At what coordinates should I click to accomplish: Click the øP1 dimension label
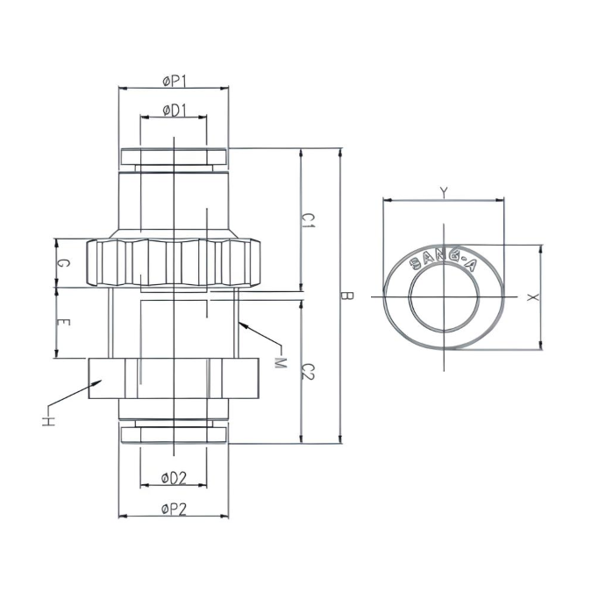175,81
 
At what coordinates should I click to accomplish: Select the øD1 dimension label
173,111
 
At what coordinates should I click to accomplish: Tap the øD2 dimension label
174,478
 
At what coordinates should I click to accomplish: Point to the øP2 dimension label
175,508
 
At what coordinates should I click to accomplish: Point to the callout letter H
46,421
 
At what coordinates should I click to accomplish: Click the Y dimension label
444,192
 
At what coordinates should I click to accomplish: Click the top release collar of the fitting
173,158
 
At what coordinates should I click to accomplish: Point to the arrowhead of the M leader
239,324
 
